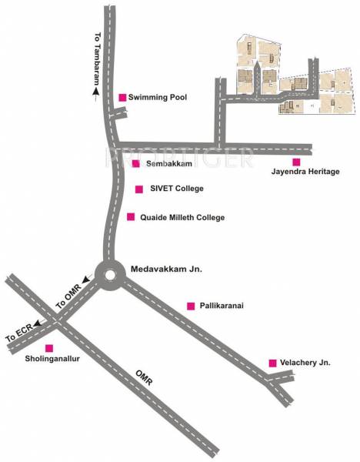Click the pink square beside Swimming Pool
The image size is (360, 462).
pyautogui.click(x=122, y=97)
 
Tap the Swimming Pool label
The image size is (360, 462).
pyautogui.click(x=158, y=97)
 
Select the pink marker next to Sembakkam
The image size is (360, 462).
pyautogui.click(x=135, y=163)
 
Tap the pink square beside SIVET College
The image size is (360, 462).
pyautogui.click(x=138, y=189)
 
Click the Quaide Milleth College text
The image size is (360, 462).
pyautogui.click(x=182, y=218)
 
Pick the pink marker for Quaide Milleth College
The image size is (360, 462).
pyautogui.click(x=131, y=217)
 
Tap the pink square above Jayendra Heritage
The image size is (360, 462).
pyautogui.click(x=296, y=161)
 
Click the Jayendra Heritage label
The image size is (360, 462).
pyautogui.click(x=305, y=172)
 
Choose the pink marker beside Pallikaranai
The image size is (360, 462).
pyautogui.click(x=191, y=306)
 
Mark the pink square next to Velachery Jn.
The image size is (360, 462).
pyautogui.click(x=272, y=362)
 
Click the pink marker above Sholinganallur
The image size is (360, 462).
pyautogui.click(x=50, y=348)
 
